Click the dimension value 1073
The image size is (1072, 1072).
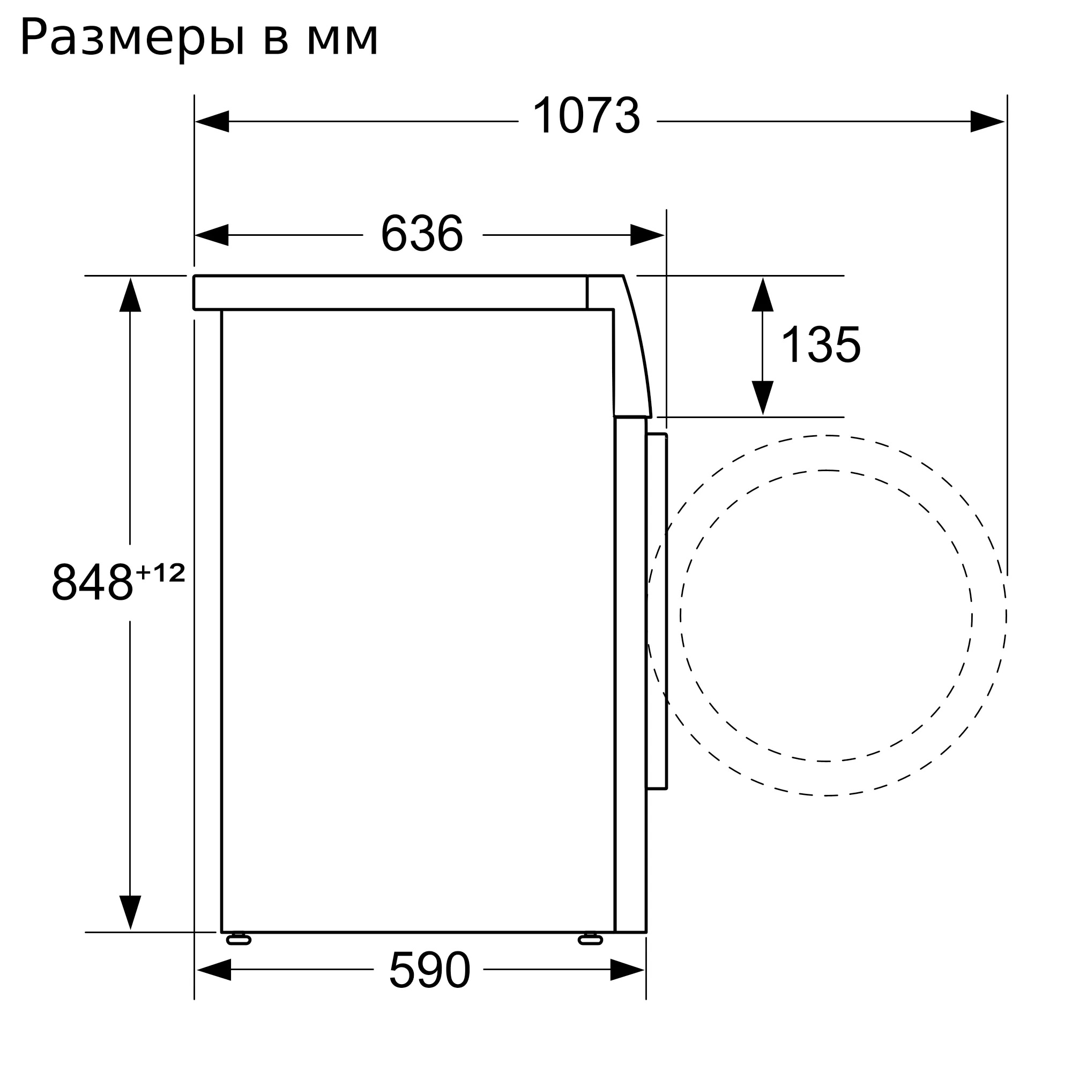pos(586,116)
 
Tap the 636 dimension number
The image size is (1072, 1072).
pos(422,234)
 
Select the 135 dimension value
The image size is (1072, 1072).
pos(820,345)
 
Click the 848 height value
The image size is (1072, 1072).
pos(92,582)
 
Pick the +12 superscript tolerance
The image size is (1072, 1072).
pos(160,573)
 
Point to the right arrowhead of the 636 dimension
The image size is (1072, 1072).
pos(647,235)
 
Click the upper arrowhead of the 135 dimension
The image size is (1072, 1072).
pos(762,295)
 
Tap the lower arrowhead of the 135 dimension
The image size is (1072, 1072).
pos(762,397)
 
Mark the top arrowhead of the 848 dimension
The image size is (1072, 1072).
pos(130,295)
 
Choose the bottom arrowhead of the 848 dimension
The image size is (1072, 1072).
pos(130,912)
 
